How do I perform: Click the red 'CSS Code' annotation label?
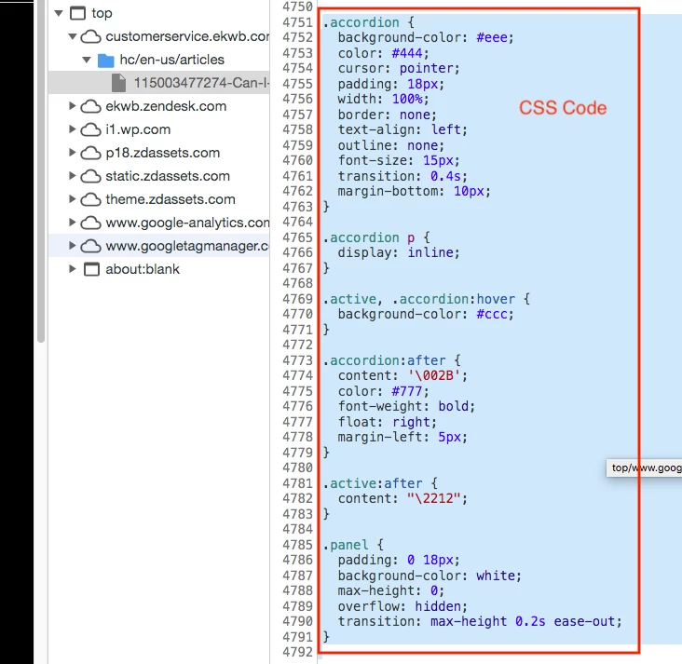point(563,108)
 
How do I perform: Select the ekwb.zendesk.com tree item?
point(166,106)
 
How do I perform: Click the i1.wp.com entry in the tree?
point(138,129)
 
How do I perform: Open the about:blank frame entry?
point(143,269)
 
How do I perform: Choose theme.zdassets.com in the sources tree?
point(170,199)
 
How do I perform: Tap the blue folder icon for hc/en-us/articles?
point(106,60)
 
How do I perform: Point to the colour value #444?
point(402,53)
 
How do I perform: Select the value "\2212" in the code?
point(436,498)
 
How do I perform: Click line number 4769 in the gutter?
point(297,299)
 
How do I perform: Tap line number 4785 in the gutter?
point(297,545)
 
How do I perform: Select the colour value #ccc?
point(494,314)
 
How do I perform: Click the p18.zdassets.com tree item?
point(163,153)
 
